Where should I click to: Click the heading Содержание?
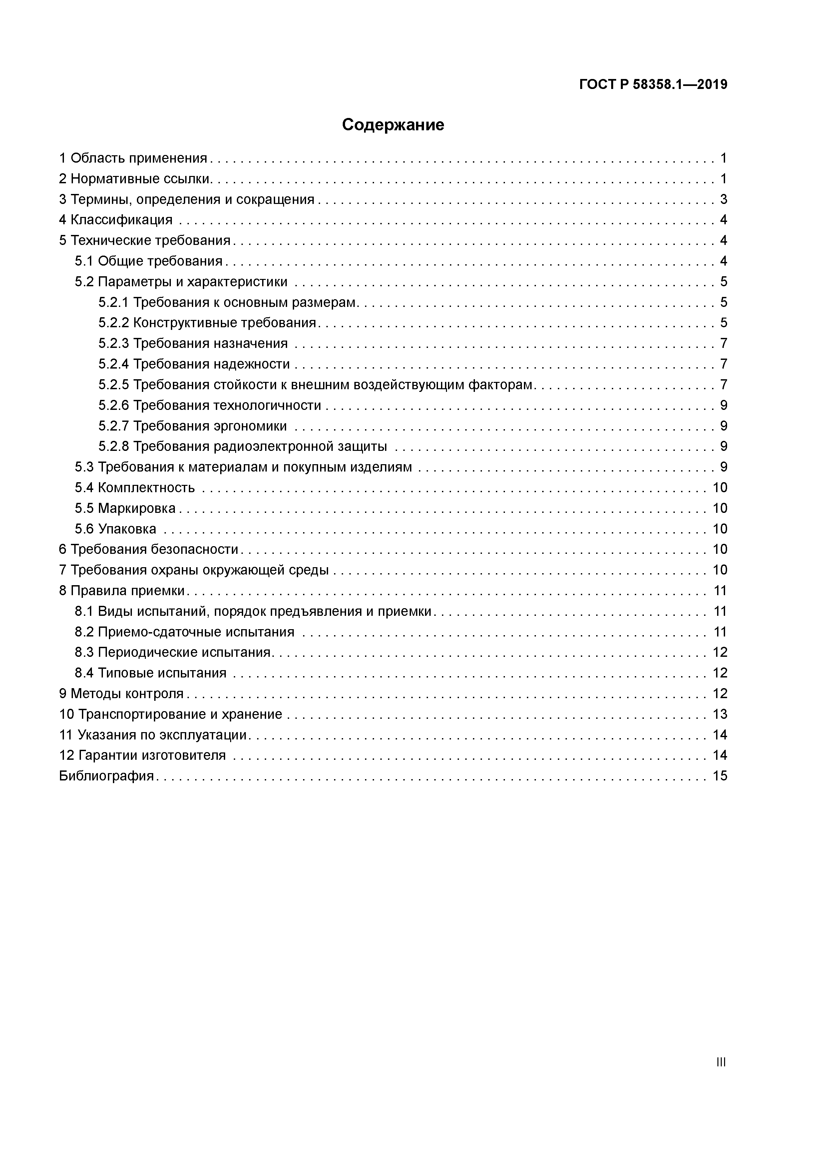393,125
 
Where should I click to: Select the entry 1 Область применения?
133,158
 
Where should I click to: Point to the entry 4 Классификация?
116,220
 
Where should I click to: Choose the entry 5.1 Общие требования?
149,261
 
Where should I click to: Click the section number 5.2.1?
114,303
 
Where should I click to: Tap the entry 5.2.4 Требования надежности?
194,364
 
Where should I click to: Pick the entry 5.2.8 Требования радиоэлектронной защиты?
243,447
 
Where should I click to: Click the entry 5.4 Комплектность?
135,488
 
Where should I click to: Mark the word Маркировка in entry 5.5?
137,508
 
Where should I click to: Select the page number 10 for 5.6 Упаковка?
720,529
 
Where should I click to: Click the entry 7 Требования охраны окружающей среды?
194,570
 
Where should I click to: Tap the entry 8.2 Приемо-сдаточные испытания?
184,632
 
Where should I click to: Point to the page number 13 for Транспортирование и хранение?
720,714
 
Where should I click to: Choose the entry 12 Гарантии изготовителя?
143,755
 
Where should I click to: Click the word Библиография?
106,776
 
